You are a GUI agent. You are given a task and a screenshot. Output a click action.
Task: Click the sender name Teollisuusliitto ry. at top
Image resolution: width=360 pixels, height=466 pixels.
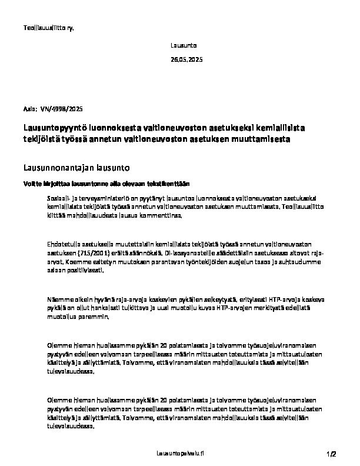[x=48, y=27]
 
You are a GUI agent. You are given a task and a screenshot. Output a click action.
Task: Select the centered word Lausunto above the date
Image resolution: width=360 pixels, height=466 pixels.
[x=184, y=45]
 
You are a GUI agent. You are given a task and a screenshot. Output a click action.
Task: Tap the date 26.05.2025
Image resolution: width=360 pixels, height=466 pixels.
[x=186, y=60]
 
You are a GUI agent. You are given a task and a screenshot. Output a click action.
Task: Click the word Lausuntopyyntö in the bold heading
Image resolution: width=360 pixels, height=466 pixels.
[x=52, y=127]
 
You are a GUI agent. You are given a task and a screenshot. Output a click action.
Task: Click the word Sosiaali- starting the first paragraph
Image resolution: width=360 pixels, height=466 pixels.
[x=59, y=200]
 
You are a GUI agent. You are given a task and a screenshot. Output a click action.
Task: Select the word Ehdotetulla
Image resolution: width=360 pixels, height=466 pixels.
[x=64, y=243]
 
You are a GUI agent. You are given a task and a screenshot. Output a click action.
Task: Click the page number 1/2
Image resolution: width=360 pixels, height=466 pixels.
[x=332, y=454]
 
